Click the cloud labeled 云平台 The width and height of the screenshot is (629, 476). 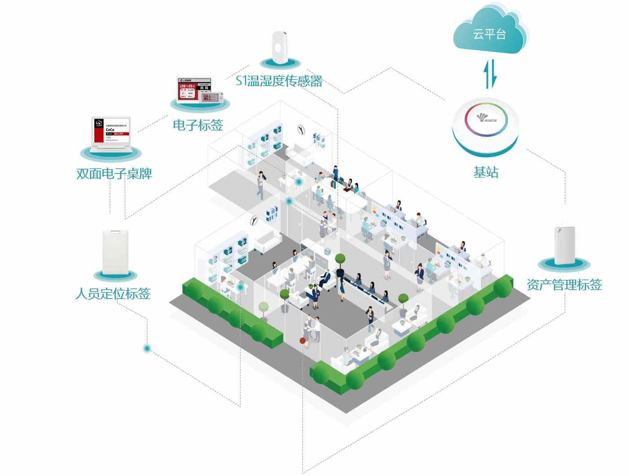[489, 31]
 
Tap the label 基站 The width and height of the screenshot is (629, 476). [485, 172]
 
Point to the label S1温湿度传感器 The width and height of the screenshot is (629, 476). [279, 81]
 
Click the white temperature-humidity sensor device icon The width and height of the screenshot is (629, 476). [279, 47]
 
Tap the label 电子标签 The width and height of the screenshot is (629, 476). [198, 125]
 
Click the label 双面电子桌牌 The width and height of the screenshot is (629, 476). [114, 173]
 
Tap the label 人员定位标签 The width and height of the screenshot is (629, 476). [113, 294]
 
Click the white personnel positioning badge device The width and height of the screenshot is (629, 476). [115, 251]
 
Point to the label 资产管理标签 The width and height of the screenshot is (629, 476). [564, 285]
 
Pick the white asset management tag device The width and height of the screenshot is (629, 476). [564, 245]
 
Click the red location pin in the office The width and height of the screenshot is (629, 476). [303, 341]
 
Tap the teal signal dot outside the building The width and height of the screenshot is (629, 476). [147, 348]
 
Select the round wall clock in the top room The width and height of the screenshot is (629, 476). [301, 130]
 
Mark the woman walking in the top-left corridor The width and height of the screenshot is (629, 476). [261, 186]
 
